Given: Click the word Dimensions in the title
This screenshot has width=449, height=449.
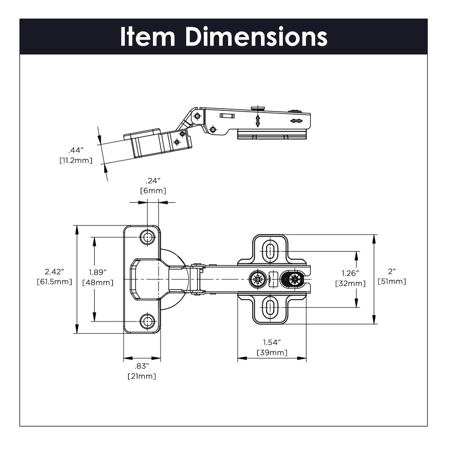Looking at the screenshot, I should click(256, 37).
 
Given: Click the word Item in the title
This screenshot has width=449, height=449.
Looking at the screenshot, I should click(147, 37).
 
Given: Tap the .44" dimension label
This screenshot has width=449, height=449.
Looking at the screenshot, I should click(76, 150).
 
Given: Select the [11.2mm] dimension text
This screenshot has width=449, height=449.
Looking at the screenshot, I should click(76, 161).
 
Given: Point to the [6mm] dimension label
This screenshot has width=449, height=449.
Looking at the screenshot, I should click(153, 191).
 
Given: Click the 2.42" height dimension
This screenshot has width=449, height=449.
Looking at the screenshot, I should click(54, 272).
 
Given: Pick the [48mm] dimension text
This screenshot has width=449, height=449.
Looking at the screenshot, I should click(98, 282).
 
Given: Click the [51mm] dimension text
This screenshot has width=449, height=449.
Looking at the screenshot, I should click(392, 281).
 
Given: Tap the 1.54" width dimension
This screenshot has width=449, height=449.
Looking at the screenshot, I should click(272, 342).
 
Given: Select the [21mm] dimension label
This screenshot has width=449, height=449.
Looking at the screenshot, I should click(142, 376).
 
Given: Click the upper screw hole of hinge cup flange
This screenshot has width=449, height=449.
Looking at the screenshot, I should click(147, 237).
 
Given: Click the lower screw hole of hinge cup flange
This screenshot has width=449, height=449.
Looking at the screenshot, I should click(147, 321).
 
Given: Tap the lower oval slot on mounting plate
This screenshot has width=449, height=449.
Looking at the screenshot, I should click(270, 308).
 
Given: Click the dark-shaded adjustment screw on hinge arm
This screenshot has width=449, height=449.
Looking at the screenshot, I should click(293, 280).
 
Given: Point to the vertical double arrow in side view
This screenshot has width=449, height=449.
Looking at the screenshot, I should click(258, 121).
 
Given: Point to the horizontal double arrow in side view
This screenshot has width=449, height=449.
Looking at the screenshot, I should click(296, 121).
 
